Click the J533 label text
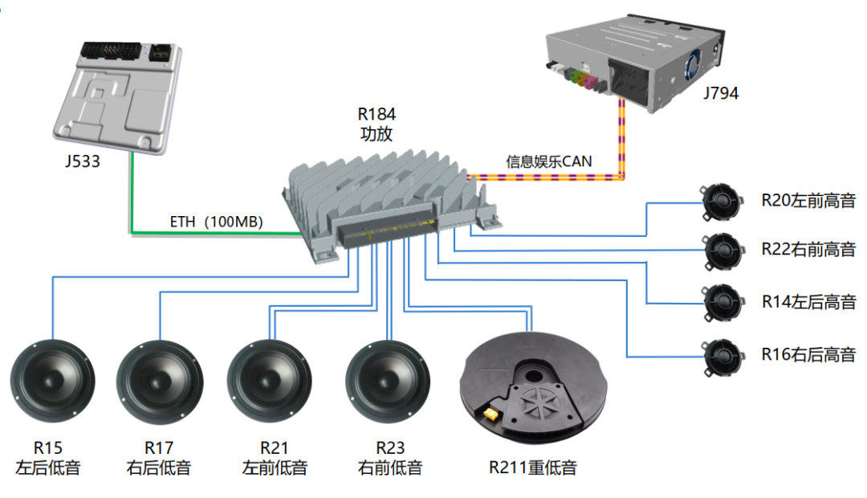(83, 161)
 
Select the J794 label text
(720, 93)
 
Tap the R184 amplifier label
(377, 124)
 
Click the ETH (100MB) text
(216, 222)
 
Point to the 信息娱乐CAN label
(548, 161)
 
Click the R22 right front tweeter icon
(719, 249)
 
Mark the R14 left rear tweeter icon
(719, 301)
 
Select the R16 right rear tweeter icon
(719, 353)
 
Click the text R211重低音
(532, 467)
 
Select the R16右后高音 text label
(808, 353)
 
